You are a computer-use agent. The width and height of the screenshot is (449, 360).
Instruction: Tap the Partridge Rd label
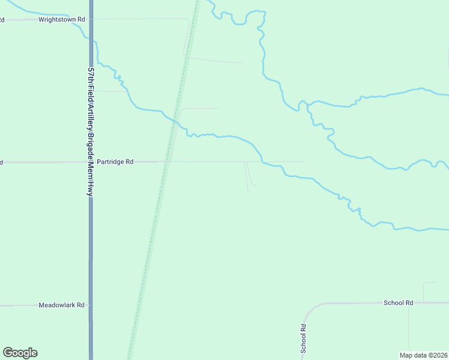tap(115, 162)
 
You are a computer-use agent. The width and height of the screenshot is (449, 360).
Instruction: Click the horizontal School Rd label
tap(399, 303)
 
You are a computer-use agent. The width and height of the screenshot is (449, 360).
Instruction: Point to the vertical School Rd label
tap(304, 338)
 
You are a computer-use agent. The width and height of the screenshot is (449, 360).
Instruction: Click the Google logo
tap(20, 353)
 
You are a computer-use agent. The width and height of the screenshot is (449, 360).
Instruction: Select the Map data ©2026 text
tap(423, 355)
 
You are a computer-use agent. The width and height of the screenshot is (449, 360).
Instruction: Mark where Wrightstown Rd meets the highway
tap(91, 19)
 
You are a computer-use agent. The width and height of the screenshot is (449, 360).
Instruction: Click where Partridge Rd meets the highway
tap(91, 162)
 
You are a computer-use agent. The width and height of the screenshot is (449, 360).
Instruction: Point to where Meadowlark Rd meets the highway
tap(91, 305)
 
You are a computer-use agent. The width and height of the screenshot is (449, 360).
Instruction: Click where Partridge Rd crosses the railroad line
tap(167, 161)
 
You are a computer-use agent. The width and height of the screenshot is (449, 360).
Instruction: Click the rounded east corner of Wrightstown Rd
tap(188, 22)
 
